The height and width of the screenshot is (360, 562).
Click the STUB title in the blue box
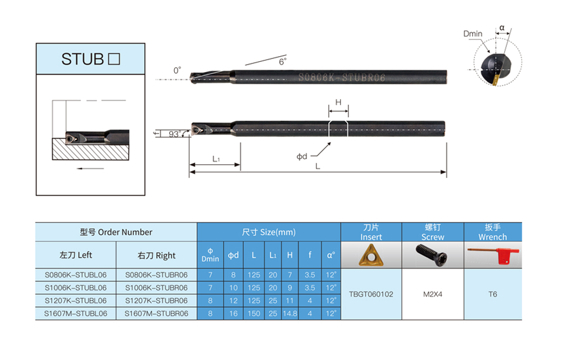coord(90,59)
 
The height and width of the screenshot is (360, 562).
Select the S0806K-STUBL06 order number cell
coord(76,275)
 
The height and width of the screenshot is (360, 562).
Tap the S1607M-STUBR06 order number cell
coord(156,313)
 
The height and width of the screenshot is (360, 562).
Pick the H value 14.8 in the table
coord(290,313)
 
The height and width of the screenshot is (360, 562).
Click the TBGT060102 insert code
coord(371,294)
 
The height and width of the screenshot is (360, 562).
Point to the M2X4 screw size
coord(433,294)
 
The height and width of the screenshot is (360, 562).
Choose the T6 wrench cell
coord(492,294)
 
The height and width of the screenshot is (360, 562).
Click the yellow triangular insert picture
coord(371,255)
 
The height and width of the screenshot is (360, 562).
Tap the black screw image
coord(432,254)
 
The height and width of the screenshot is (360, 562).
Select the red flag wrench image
coord(493,254)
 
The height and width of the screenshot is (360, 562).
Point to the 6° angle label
coord(283,62)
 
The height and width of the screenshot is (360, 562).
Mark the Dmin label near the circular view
coord(473,34)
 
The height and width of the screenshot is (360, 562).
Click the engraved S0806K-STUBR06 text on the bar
coord(342,78)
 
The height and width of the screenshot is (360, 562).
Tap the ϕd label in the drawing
coord(302,156)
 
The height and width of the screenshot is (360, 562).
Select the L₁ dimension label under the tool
coord(216,159)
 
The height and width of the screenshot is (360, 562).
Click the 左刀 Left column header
coord(76,255)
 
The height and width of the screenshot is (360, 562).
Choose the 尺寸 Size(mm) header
coord(269,232)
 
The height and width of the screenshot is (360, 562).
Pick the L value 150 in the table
coord(254,313)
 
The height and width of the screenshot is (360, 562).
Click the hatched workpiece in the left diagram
coord(90,149)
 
